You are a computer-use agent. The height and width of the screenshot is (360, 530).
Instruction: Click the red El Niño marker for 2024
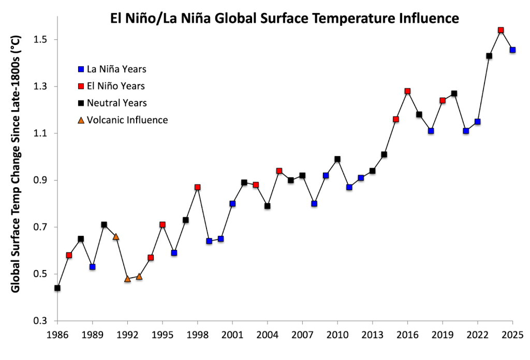tap(501, 31)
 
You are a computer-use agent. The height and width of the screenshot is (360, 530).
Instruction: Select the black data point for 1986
tap(57, 288)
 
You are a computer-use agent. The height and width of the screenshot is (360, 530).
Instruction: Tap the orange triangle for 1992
tap(127, 279)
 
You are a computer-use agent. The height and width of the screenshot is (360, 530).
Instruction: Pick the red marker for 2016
tap(408, 91)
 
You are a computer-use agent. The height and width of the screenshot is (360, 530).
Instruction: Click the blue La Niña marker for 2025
tap(513, 50)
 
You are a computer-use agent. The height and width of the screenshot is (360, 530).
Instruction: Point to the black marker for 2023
tap(489, 56)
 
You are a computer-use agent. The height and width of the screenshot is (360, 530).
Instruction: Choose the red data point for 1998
tap(198, 187)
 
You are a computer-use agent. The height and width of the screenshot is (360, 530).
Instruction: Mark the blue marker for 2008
tap(314, 204)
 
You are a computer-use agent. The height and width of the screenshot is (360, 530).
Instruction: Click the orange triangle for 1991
tap(116, 236)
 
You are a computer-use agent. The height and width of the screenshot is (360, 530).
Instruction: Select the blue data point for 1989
tap(93, 267)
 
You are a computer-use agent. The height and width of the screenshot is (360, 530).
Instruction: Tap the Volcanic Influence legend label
tap(127, 120)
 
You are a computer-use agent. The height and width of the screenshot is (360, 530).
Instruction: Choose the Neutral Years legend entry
tap(117, 103)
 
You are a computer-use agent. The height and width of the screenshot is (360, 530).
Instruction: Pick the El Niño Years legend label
tap(116, 86)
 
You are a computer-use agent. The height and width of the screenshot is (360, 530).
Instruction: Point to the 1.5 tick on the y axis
tap(40, 40)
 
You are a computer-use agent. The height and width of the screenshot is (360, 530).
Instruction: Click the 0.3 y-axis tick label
tap(40, 321)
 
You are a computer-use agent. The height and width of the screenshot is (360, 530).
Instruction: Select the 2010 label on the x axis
tap(337, 335)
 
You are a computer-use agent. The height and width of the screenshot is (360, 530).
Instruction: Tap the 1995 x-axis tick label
tap(163, 335)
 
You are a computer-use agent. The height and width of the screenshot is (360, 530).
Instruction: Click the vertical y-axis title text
tap(16, 164)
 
